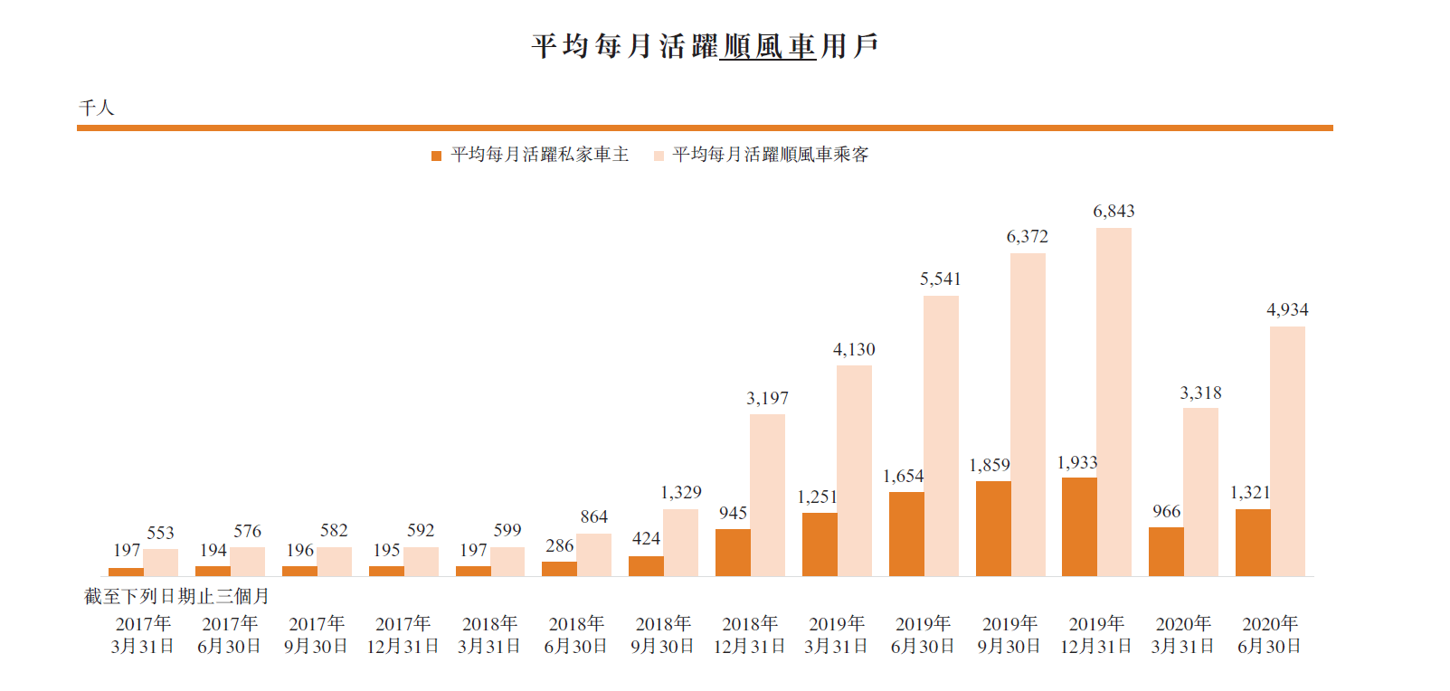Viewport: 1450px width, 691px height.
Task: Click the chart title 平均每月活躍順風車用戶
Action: pyautogui.click(x=705, y=46)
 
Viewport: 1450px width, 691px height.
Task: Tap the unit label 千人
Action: pyautogui.click(x=97, y=108)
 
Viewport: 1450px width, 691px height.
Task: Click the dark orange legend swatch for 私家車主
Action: pyautogui.click(x=436, y=156)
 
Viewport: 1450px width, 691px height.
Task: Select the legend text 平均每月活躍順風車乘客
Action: pyautogui.click(x=770, y=155)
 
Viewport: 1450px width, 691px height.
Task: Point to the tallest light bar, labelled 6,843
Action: pyautogui.click(x=1114, y=402)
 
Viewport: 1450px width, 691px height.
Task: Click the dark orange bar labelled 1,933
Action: pyautogui.click(x=1079, y=526)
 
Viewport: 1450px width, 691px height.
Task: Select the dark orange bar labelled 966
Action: pyautogui.click(x=1166, y=552)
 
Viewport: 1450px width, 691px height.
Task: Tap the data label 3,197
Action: pyautogui.click(x=767, y=398)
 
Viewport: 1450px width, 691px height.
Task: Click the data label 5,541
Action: pyautogui.click(x=940, y=279)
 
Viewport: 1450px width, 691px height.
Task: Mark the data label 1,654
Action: pyautogui.click(x=903, y=476)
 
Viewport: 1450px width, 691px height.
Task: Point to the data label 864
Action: pyautogui.click(x=593, y=516)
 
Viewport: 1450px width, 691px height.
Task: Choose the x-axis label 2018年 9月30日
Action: pyautogui.click(x=662, y=635)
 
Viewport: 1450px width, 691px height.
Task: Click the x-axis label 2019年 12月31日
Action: pyautogui.click(x=1096, y=635)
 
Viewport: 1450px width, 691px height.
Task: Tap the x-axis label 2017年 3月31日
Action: pyautogui.click(x=142, y=635)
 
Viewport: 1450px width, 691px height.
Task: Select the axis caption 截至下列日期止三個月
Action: pyautogui.click(x=176, y=596)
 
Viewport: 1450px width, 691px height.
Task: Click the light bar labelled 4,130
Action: pyautogui.click(x=854, y=470)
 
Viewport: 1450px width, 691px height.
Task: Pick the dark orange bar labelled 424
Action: pyautogui.click(x=646, y=566)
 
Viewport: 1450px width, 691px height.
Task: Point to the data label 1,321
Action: pyautogui.click(x=1249, y=492)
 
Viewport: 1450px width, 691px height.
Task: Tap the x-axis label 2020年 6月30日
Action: pyautogui.click(x=1269, y=635)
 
